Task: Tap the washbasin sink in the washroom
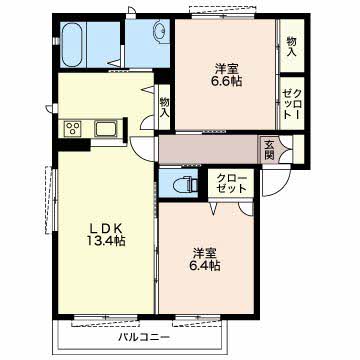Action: (161, 31)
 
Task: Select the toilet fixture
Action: (187, 184)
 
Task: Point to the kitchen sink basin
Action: (105, 128)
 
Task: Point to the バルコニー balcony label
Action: (144, 337)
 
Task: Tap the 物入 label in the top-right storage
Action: (292, 46)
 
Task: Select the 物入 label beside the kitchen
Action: (164, 107)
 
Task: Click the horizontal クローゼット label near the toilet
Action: (231, 183)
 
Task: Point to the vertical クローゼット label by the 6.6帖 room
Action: (292, 104)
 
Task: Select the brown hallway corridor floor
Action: (208, 149)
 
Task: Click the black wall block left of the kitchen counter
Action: (74, 145)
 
